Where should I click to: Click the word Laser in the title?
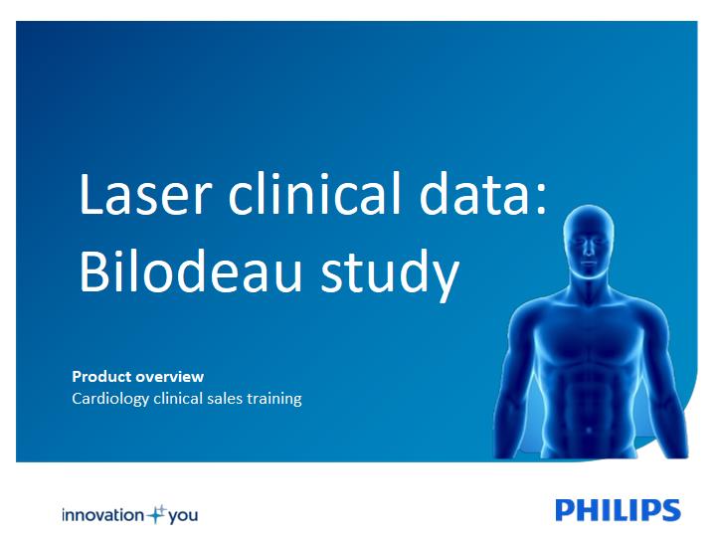click(145, 193)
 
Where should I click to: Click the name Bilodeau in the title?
click(191, 270)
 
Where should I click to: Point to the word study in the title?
click(390, 274)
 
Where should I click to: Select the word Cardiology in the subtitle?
click(110, 399)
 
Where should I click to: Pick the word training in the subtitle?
click(274, 399)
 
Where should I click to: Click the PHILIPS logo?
click(618, 510)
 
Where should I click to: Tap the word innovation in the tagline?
click(103, 515)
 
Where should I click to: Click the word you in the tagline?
click(183, 516)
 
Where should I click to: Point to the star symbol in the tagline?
click(157, 514)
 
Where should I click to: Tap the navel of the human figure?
click(589, 430)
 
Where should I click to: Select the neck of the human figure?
click(589, 284)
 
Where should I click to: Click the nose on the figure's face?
click(589, 248)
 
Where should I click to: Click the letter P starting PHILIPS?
click(565, 510)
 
